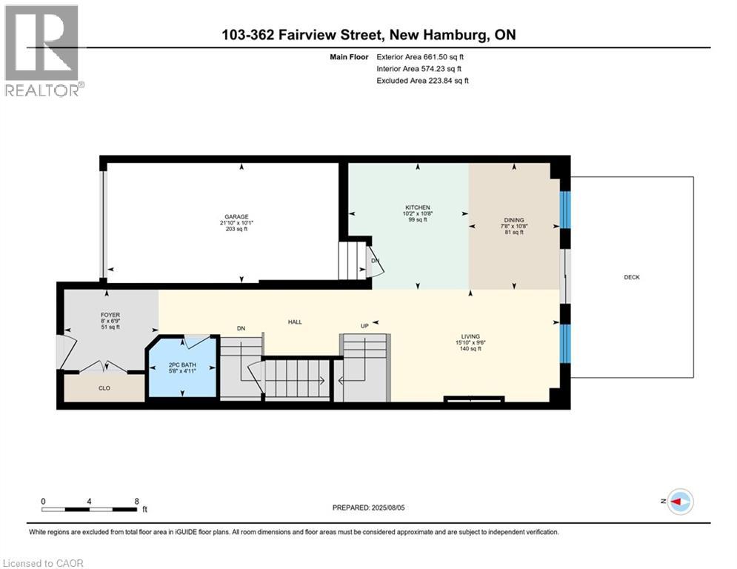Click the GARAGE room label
[x=236, y=217]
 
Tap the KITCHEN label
[x=418, y=207]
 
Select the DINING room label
[x=514, y=220]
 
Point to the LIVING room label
[x=470, y=336]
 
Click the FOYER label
[x=110, y=315]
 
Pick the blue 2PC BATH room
[x=182, y=367]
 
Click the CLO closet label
[x=104, y=388]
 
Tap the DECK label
[x=632, y=277]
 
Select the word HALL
[x=295, y=322]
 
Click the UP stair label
[x=364, y=325]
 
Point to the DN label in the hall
[x=241, y=328]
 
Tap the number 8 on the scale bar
[x=137, y=502]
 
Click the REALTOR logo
[x=43, y=51]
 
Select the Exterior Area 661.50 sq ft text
[x=420, y=57]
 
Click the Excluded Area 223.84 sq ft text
[x=422, y=81]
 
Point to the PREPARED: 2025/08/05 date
[x=369, y=508]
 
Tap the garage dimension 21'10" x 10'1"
[x=236, y=223]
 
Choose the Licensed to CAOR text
[x=43, y=563]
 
